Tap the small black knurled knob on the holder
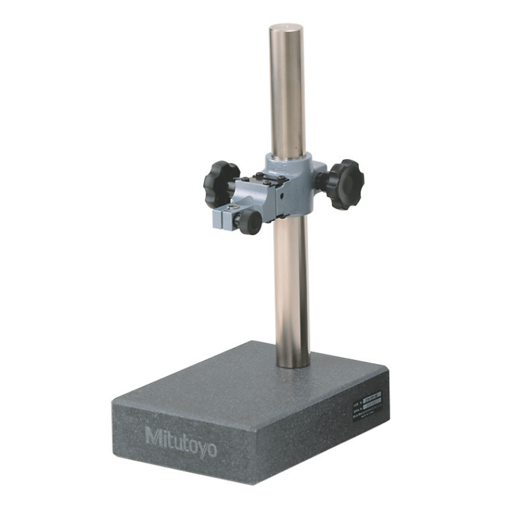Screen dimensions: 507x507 249,221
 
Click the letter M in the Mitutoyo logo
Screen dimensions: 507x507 153,437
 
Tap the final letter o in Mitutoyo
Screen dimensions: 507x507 210,450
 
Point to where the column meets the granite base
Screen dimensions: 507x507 292,365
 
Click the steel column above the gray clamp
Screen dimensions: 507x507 289,95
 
